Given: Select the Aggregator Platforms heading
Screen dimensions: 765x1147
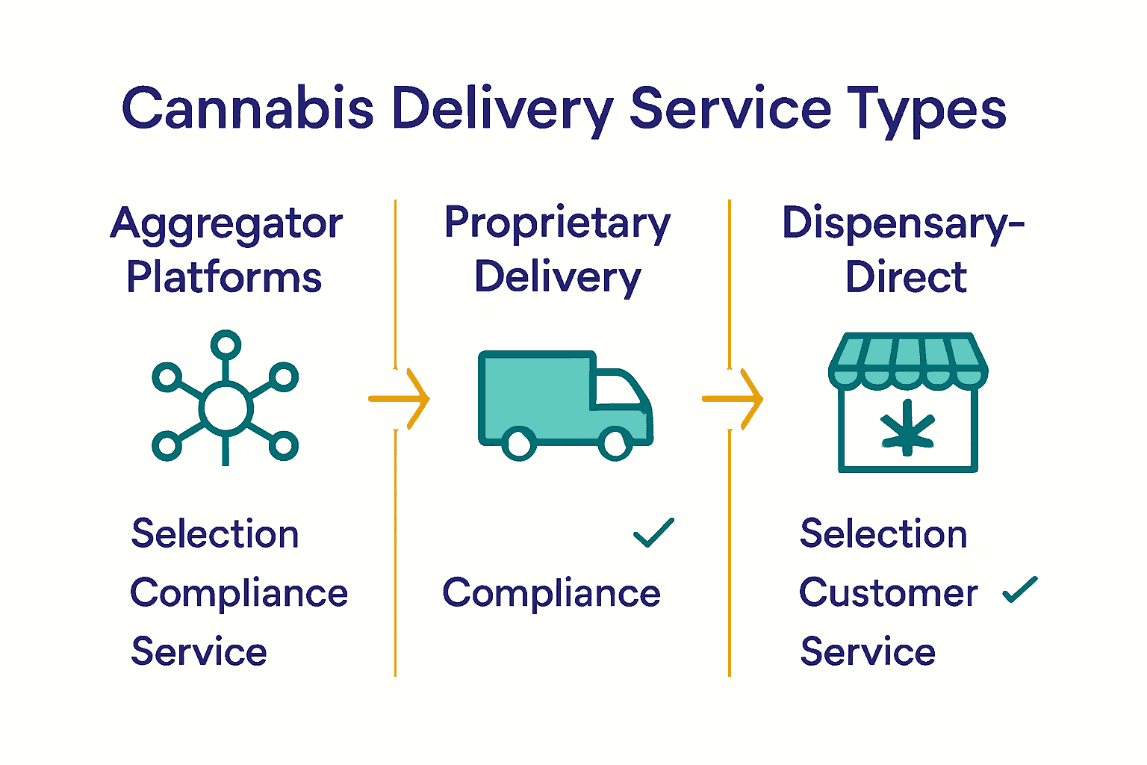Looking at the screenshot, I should pyautogui.click(x=226, y=250).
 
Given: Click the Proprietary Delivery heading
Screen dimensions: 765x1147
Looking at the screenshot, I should pyautogui.click(x=557, y=250).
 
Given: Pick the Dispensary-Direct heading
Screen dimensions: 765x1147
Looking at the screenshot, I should pyautogui.click(x=904, y=250).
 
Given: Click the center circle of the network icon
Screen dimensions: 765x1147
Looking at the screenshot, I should pyautogui.click(x=225, y=408).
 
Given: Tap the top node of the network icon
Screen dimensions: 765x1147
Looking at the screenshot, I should pyautogui.click(x=226, y=345).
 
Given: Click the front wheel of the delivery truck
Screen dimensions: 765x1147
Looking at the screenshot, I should pyautogui.click(x=615, y=444).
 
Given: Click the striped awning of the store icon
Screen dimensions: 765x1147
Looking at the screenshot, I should pyautogui.click(x=907, y=358).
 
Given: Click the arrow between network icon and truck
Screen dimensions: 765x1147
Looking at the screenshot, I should pyautogui.click(x=400, y=399).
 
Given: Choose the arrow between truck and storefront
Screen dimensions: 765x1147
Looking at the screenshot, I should pyautogui.click(x=733, y=399).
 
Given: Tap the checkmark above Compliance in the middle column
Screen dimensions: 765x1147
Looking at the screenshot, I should pyautogui.click(x=653, y=533).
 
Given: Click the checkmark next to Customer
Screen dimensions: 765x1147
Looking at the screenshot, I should pyautogui.click(x=1020, y=589).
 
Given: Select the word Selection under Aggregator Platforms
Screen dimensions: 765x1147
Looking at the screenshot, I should pyautogui.click(x=215, y=534).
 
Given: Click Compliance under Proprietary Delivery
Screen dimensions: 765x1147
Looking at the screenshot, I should pyautogui.click(x=551, y=593).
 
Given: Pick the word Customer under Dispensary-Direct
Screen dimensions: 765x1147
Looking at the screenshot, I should pyautogui.click(x=888, y=593).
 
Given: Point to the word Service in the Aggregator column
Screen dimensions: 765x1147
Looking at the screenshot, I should pyautogui.click(x=199, y=651).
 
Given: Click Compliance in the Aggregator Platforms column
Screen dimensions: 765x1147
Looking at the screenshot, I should pyautogui.click(x=239, y=593).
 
